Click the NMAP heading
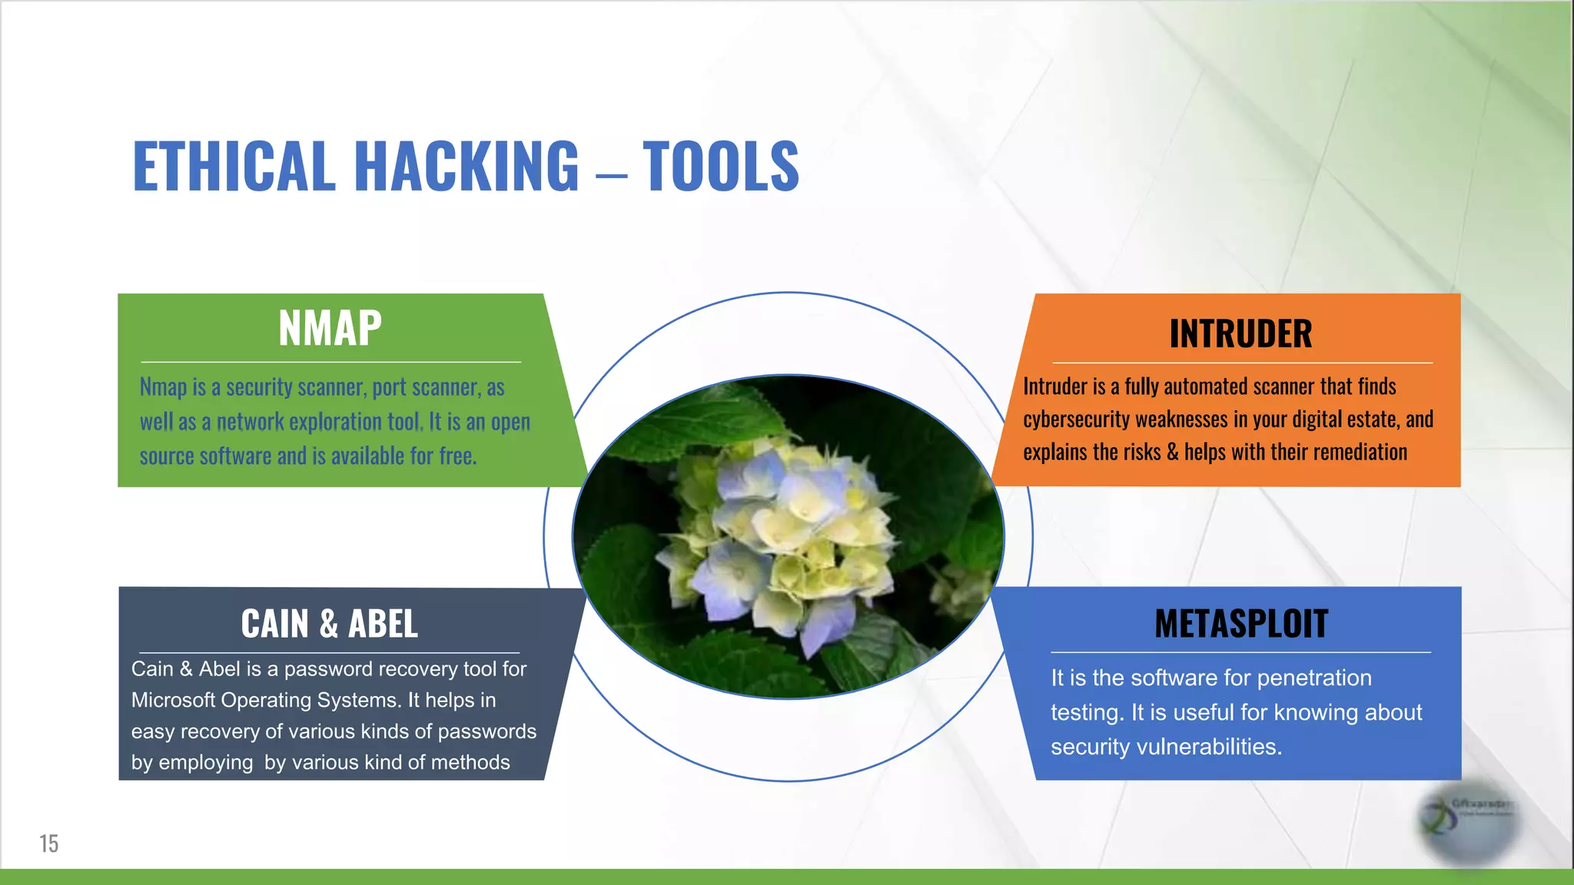click(330, 328)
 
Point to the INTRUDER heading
click(1240, 333)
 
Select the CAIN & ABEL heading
click(329, 623)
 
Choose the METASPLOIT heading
click(1240, 623)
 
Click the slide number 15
click(49, 844)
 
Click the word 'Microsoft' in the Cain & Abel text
click(173, 701)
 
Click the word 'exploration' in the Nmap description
click(336, 422)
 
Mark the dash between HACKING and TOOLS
click(611, 175)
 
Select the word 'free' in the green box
click(457, 456)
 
